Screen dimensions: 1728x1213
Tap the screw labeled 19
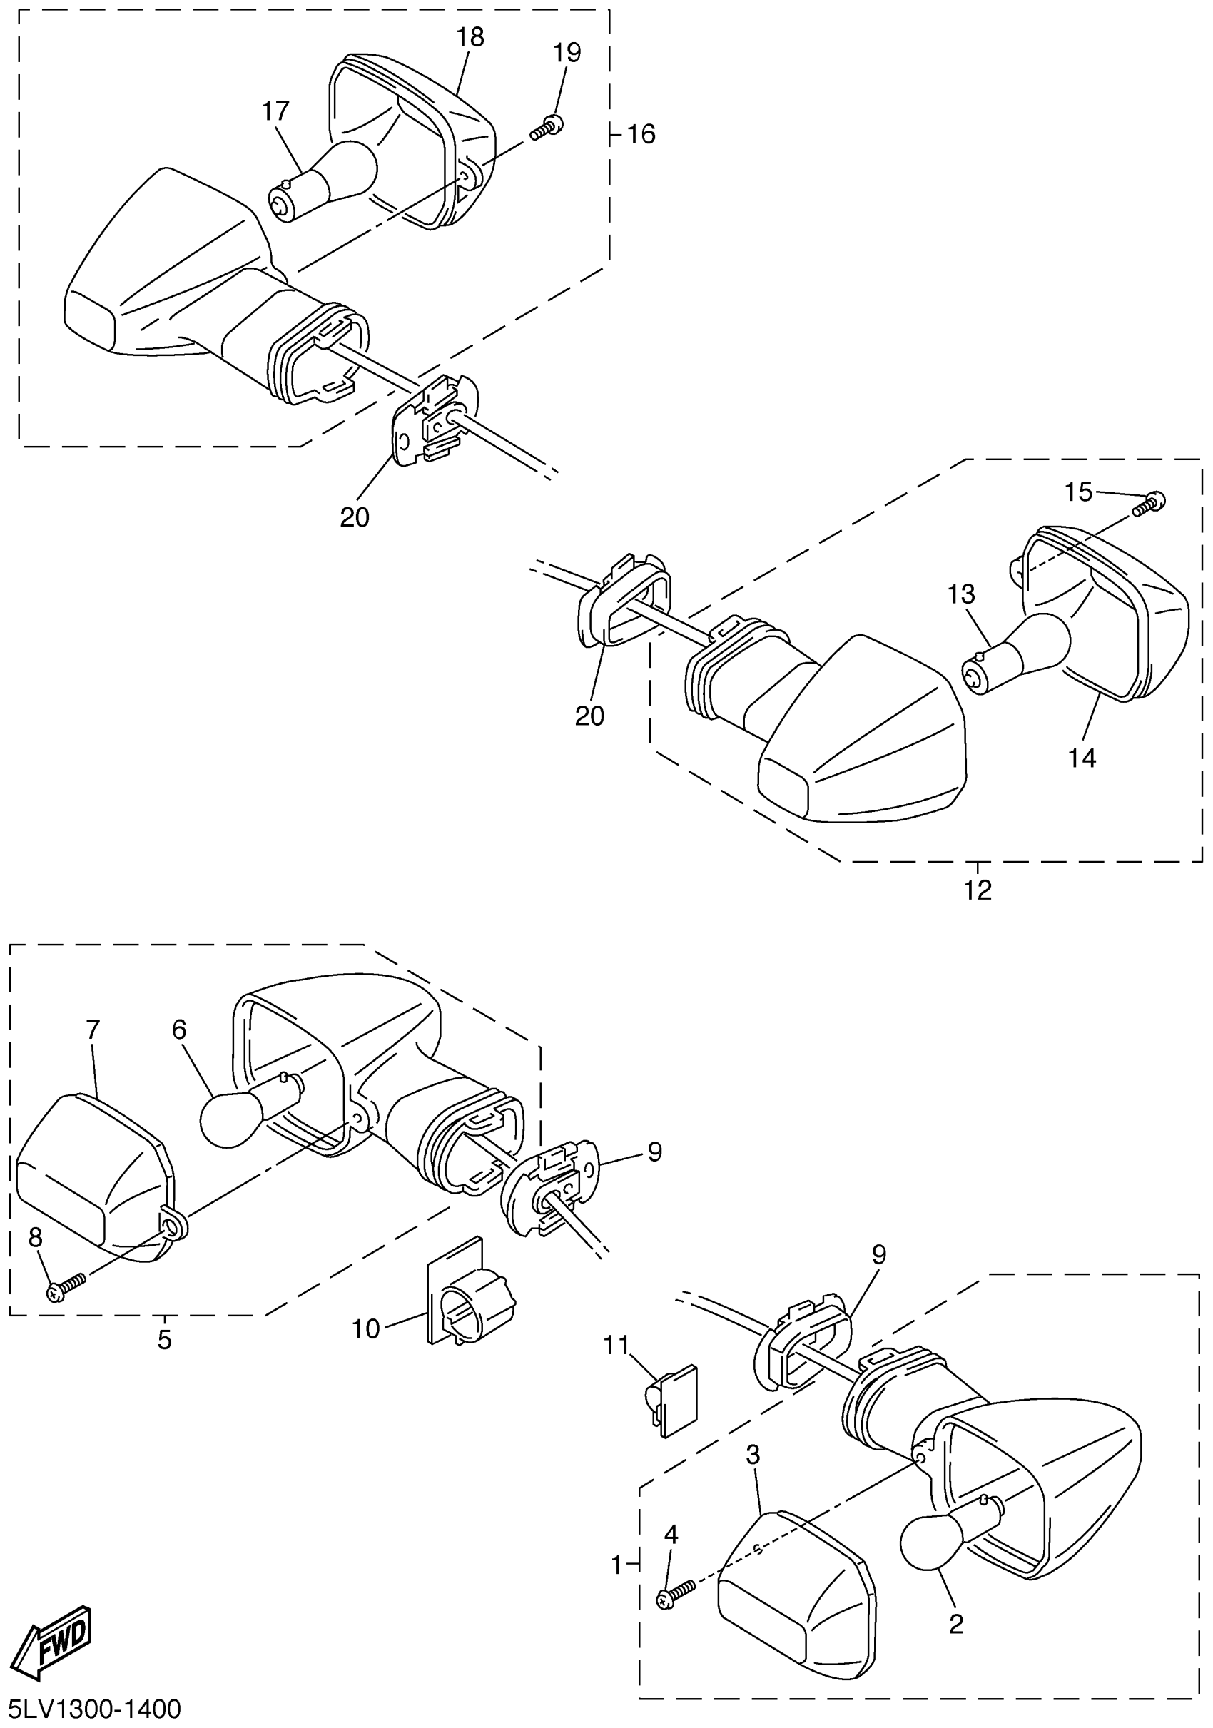click(x=548, y=128)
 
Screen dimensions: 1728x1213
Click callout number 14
click(x=1082, y=758)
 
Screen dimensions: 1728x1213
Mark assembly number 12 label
click(x=978, y=890)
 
